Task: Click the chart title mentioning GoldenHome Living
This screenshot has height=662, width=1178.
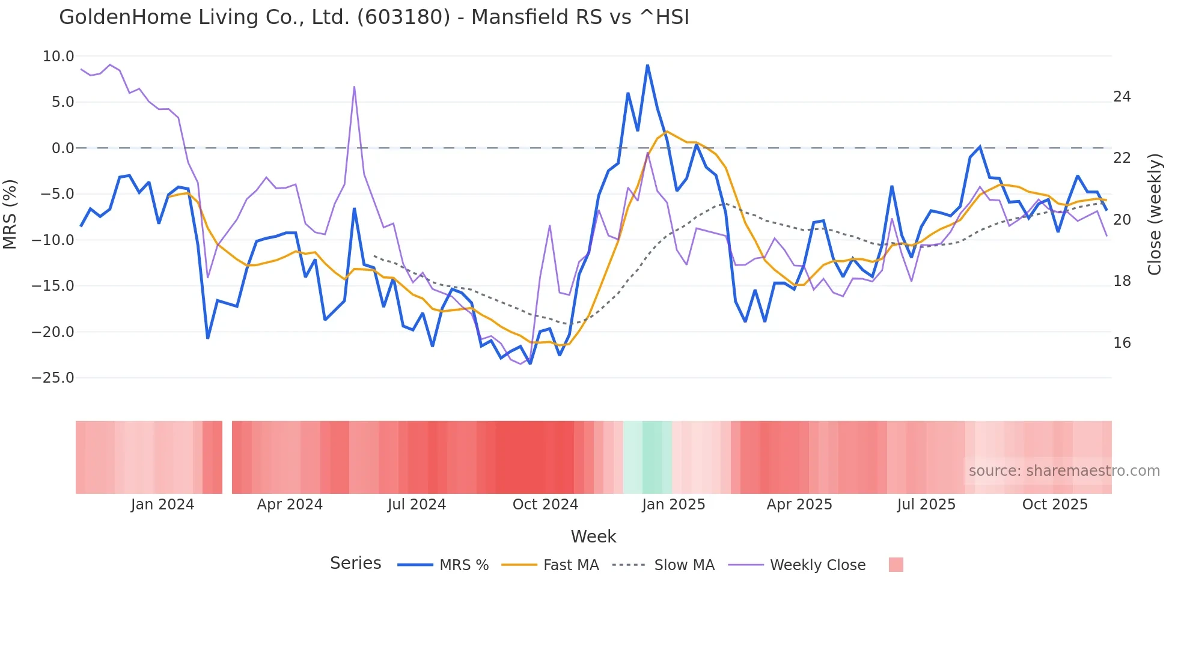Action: (374, 17)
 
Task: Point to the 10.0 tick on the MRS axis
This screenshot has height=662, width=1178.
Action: (58, 56)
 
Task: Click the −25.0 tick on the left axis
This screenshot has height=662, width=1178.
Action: (53, 378)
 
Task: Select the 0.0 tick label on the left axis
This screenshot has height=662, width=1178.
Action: (63, 148)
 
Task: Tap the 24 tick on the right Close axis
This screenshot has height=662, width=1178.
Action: (1122, 97)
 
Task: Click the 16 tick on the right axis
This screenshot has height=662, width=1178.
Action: (1122, 343)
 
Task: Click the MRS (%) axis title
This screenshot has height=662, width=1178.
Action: (10, 214)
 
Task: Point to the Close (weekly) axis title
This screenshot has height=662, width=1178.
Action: (1155, 214)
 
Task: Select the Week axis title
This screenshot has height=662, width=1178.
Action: (593, 536)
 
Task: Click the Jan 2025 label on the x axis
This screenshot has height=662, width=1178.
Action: (673, 505)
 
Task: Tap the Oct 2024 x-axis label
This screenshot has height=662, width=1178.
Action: (545, 505)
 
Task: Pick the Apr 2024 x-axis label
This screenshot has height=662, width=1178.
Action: (290, 505)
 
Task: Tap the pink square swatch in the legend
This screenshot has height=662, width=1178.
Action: (896, 565)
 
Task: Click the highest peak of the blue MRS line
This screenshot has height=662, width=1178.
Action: (647, 65)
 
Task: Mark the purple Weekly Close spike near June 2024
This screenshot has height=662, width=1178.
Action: (354, 87)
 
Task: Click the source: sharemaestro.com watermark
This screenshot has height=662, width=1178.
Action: (1064, 471)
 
